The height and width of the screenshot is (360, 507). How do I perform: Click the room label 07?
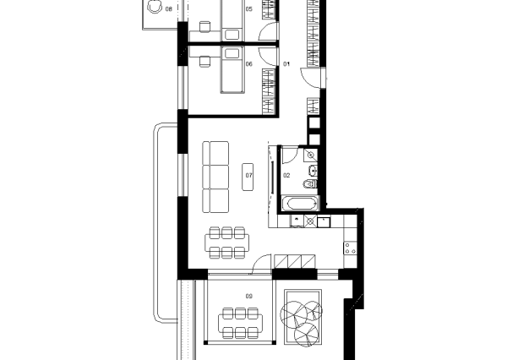(248, 176)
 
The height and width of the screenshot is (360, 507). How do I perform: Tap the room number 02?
(286, 176)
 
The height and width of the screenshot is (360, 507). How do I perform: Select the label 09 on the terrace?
(248, 296)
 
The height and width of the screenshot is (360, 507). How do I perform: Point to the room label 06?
(248, 64)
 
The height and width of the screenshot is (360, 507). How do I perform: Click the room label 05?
(248, 9)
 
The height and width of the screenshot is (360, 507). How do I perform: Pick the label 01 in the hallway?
(286, 64)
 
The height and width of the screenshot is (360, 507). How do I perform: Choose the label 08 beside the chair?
(168, 9)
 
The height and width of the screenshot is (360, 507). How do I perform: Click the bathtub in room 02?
(300, 204)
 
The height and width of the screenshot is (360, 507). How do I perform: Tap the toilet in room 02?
(310, 184)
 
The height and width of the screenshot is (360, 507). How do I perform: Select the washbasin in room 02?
(313, 170)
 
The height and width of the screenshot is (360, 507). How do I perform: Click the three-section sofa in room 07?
(215, 177)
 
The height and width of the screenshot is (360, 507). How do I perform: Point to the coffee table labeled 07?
(248, 177)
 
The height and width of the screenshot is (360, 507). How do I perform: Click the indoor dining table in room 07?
(227, 243)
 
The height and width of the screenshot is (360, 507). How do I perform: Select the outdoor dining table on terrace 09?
(240, 323)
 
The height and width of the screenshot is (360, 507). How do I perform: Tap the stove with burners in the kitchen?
(350, 248)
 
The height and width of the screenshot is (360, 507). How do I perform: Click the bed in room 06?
(232, 70)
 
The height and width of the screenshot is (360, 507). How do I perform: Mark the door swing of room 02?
(290, 155)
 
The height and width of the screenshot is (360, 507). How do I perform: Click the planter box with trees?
(303, 317)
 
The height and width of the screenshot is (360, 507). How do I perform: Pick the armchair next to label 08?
(155, 7)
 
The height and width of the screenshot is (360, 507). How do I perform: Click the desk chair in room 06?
(204, 62)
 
